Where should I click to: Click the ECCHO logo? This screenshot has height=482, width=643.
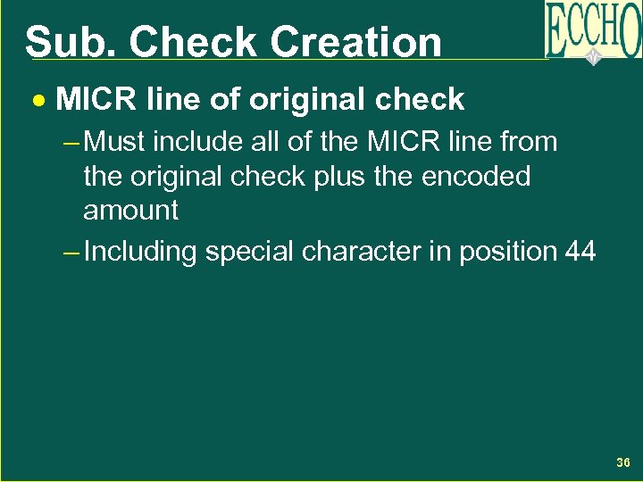click(x=593, y=31)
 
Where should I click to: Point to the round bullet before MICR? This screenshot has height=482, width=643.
click(x=38, y=100)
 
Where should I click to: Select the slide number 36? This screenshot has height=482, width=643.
click(x=623, y=462)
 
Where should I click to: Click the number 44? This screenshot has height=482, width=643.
click(x=580, y=252)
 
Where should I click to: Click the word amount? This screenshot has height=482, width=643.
click(x=130, y=211)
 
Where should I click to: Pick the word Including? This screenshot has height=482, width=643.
click(x=139, y=253)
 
